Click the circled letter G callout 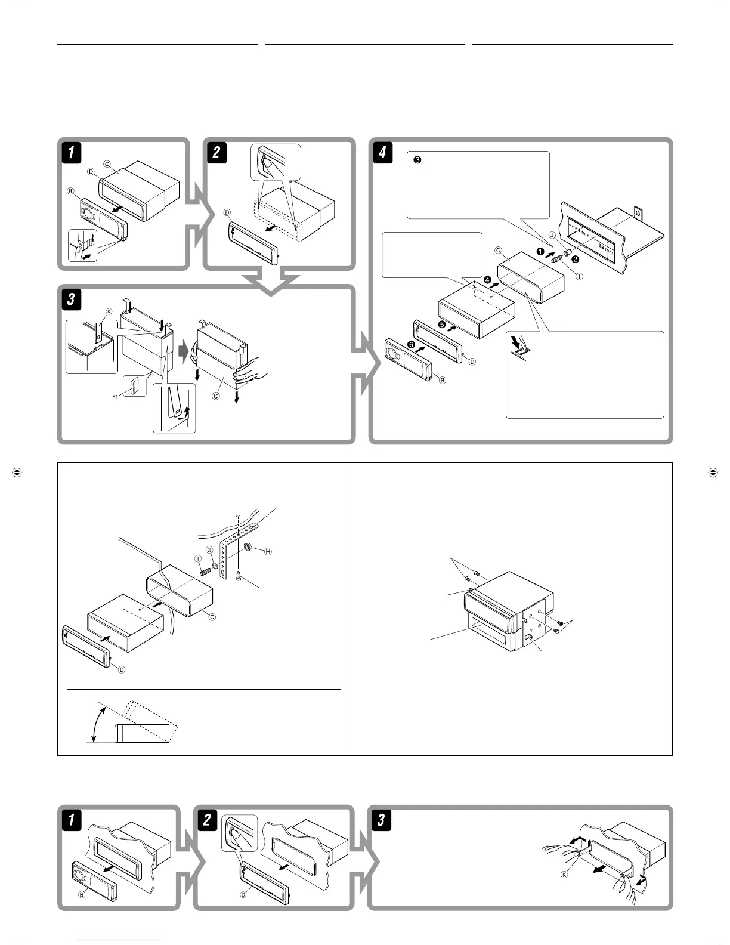209,549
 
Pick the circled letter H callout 268,552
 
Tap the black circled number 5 442,324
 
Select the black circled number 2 575,259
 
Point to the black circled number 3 417,160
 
